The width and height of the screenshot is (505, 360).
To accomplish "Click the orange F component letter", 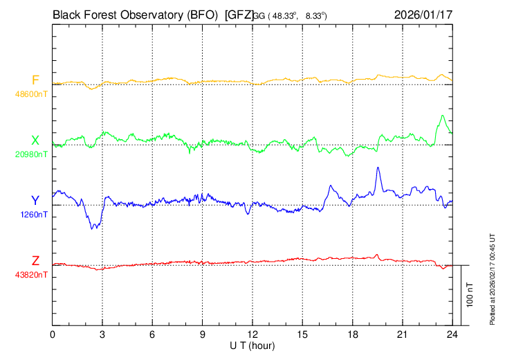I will point(35,79).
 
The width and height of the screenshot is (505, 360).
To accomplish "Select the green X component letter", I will point(35,140).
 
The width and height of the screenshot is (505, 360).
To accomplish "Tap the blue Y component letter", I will point(35,200).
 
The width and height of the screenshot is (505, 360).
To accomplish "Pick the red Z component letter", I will point(35,260).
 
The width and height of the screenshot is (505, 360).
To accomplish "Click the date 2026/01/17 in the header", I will point(423,14).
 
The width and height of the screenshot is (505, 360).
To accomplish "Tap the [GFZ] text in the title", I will point(239,14).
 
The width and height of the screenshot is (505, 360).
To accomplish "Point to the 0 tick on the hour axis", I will point(53,335).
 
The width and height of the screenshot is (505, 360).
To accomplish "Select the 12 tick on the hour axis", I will point(252,335).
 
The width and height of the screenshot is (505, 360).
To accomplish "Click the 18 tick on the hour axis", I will point(352,335).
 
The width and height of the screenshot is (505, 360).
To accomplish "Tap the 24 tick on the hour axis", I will point(452,335).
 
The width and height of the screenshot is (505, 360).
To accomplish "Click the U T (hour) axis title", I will point(252,345).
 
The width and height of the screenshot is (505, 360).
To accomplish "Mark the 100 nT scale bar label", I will point(470,294).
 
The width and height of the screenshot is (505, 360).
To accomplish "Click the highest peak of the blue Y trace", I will point(378,168).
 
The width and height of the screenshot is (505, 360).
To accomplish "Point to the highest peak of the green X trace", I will point(441,116).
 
